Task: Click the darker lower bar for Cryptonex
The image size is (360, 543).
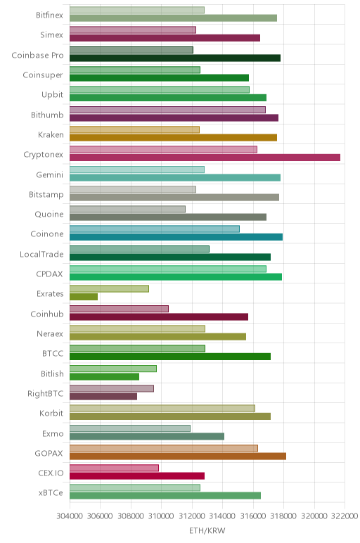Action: coord(205,158)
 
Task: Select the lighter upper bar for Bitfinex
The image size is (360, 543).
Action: coord(137,10)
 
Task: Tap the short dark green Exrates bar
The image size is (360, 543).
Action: coord(84,297)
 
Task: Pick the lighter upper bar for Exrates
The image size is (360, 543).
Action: coord(110,288)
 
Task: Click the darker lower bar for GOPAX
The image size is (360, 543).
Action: coord(178,456)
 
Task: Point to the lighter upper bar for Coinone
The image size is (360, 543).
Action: coord(155,229)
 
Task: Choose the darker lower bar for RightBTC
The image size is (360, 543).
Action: coord(103,397)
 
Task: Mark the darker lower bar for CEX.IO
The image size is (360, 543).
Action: coord(137,475)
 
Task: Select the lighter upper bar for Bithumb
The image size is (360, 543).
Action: coord(167,110)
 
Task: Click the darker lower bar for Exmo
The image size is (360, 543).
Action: coord(147,436)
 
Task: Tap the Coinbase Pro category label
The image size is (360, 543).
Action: coord(37,55)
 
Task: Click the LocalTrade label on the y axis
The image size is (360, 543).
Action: coord(41,254)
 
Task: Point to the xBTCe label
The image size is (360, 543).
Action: coord(51,493)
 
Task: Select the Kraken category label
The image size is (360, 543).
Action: coord(51,135)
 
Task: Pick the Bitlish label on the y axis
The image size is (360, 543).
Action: coord(52,373)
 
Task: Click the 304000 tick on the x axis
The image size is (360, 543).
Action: coord(70,516)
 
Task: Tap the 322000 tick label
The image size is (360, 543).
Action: coord(345,516)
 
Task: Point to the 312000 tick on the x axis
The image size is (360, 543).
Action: coord(192,516)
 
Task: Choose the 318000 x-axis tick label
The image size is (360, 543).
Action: coord(283,516)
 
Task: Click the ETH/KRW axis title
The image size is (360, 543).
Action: coord(207,530)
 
